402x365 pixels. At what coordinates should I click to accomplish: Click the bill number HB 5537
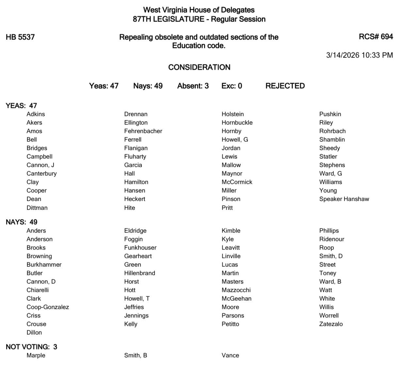pyautogui.click(x=20, y=37)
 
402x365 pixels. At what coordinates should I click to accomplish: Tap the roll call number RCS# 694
pyautogui.click(x=376, y=37)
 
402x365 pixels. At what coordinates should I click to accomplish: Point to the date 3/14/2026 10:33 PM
pyautogui.click(x=359, y=55)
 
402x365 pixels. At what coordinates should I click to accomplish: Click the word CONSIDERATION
pyautogui.click(x=199, y=67)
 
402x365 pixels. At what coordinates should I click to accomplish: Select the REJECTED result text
pyautogui.click(x=285, y=86)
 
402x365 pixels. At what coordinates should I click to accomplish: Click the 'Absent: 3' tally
pyautogui.click(x=193, y=86)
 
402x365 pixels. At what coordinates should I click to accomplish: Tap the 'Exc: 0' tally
pyautogui.click(x=232, y=86)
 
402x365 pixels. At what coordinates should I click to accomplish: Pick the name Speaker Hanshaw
pyautogui.click(x=344, y=199)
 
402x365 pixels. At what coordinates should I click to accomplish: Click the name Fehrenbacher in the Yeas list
pyautogui.click(x=143, y=131)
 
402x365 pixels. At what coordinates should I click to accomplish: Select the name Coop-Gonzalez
pyautogui.click(x=48, y=307)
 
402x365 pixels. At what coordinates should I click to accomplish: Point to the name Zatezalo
pyautogui.click(x=331, y=324)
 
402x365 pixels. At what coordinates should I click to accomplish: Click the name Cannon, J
pyautogui.click(x=40, y=165)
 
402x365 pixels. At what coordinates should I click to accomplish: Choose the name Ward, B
pyautogui.click(x=330, y=282)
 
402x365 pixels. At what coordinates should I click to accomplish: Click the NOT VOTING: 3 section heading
pyautogui.click(x=31, y=347)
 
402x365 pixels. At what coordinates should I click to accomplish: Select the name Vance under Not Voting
pyautogui.click(x=230, y=356)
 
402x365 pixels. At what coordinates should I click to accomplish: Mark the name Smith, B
pyautogui.click(x=136, y=356)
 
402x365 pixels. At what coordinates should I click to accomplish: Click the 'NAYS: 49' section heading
pyautogui.click(x=22, y=222)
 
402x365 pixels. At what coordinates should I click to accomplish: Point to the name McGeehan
pyautogui.click(x=236, y=299)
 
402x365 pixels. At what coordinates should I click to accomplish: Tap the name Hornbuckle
pyautogui.click(x=237, y=123)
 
